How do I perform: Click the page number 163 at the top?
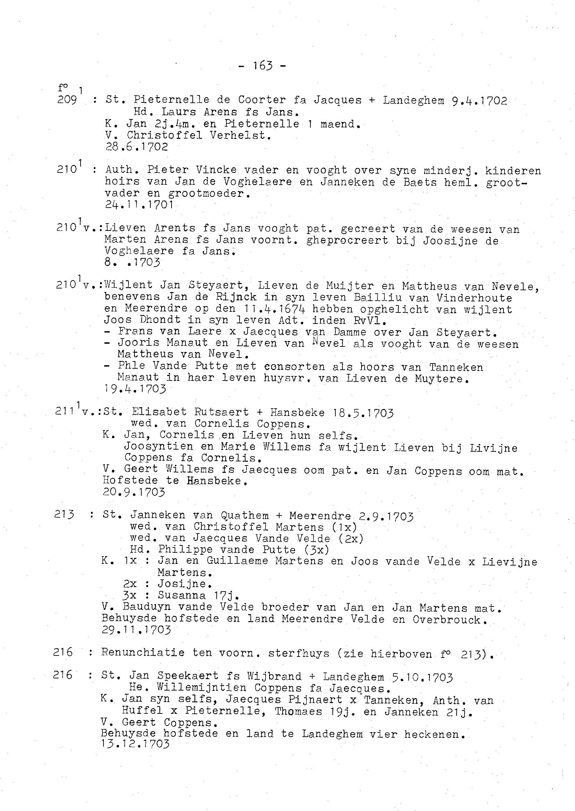coord(263,66)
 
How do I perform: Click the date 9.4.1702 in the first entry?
coord(480,101)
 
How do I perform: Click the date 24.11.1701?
coord(139,204)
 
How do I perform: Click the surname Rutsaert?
coord(221,412)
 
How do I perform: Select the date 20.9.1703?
coord(134,492)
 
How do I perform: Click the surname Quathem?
coord(245,516)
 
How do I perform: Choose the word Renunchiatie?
coord(143,652)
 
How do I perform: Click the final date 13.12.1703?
coord(135,744)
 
